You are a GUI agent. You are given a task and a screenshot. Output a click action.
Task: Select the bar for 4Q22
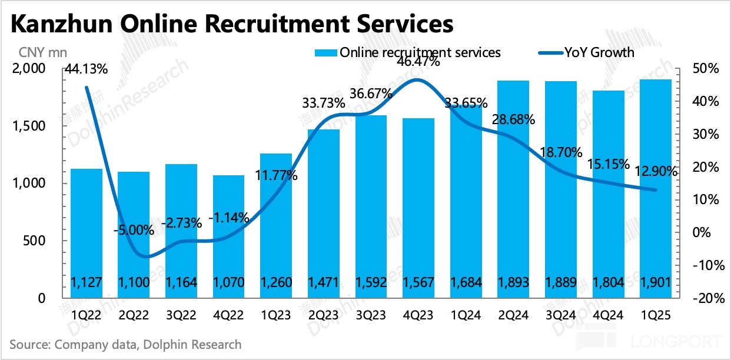click(228, 235)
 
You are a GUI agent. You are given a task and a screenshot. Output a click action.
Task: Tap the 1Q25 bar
click(656, 188)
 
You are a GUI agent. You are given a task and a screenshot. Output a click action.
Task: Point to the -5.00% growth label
click(134, 230)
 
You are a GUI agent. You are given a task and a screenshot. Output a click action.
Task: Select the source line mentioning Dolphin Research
click(125, 344)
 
